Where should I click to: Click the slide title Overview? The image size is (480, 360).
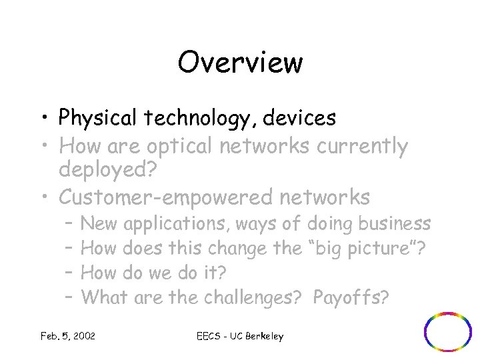pyautogui.click(x=240, y=63)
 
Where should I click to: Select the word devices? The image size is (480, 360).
pyautogui.click(x=299, y=118)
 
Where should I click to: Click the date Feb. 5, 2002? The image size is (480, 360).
pyautogui.click(x=67, y=336)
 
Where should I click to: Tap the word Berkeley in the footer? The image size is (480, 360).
pyautogui.click(x=261, y=336)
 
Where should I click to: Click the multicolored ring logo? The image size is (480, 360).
pyautogui.click(x=448, y=331)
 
